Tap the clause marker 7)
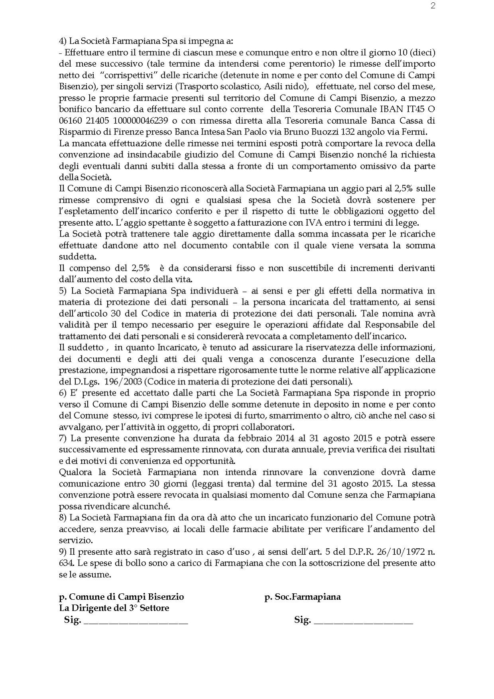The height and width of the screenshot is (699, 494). click(63, 438)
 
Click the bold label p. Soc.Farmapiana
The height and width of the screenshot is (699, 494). click(302, 597)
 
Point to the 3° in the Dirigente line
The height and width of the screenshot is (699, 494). click(134, 608)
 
